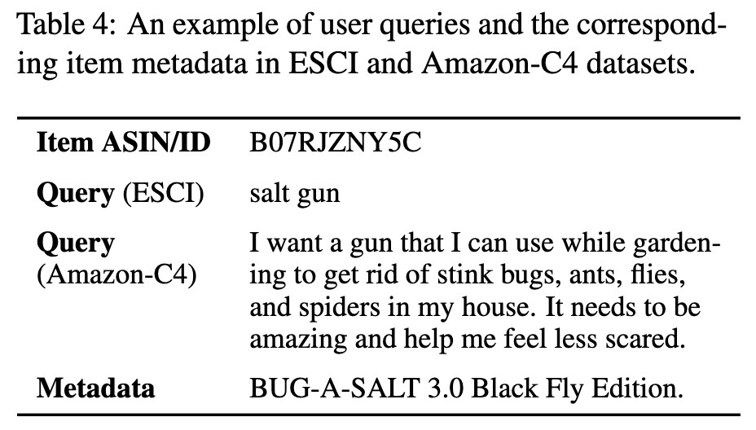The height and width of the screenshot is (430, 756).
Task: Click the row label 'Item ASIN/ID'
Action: click(x=123, y=144)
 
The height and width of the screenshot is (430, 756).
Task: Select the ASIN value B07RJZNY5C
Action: click(x=336, y=144)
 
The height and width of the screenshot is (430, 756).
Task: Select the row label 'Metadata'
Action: click(x=95, y=387)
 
